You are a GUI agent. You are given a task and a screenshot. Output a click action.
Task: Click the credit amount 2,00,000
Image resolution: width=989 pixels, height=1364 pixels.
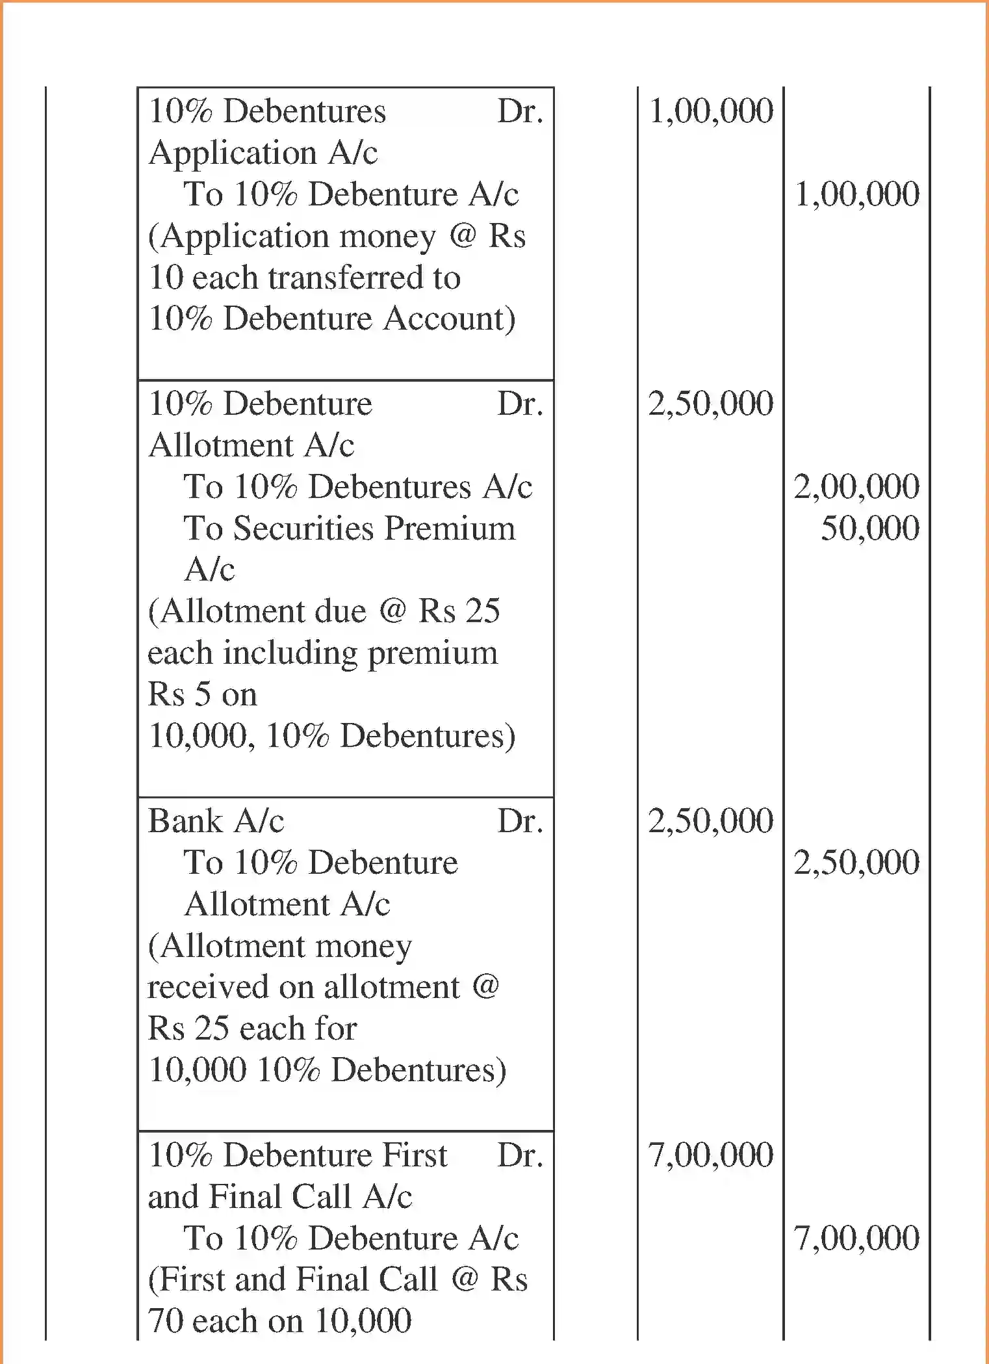(x=856, y=487)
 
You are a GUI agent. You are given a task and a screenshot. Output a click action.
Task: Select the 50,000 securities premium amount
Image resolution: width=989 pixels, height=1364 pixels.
(x=870, y=528)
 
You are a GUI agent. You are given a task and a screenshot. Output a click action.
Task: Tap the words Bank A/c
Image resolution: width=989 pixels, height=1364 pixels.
(x=216, y=821)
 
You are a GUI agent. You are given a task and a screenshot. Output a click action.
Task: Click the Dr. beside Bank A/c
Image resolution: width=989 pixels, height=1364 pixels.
(x=520, y=821)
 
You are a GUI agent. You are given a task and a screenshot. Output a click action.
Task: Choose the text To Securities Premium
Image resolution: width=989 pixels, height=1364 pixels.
(x=349, y=528)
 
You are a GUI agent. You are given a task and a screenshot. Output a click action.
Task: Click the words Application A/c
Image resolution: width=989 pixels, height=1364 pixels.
(x=263, y=153)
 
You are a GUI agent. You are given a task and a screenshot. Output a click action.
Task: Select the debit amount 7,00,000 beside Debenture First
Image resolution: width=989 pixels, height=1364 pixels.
(x=711, y=1155)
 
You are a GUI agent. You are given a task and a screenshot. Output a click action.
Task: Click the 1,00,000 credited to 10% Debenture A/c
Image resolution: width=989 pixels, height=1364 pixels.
(x=857, y=194)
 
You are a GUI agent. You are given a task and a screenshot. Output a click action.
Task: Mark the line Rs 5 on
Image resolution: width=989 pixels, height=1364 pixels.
(x=202, y=694)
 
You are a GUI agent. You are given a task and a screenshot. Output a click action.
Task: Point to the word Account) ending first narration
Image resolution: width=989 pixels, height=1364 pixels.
(x=449, y=319)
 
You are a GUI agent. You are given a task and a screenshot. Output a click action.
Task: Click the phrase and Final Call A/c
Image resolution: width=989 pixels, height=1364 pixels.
(x=279, y=1197)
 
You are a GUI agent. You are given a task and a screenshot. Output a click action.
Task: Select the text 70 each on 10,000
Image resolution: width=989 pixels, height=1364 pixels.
(x=279, y=1321)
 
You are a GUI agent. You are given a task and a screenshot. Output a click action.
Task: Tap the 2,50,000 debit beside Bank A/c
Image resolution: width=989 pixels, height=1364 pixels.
(x=711, y=821)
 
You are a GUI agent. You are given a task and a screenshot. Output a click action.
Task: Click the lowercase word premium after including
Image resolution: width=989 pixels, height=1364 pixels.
(x=433, y=653)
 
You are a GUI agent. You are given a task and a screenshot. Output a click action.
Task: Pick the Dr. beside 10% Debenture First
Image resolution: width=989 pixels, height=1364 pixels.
(x=520, y=1155)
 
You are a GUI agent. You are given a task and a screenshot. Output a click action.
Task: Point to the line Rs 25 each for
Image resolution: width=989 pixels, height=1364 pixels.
(x=252, y=1029)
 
